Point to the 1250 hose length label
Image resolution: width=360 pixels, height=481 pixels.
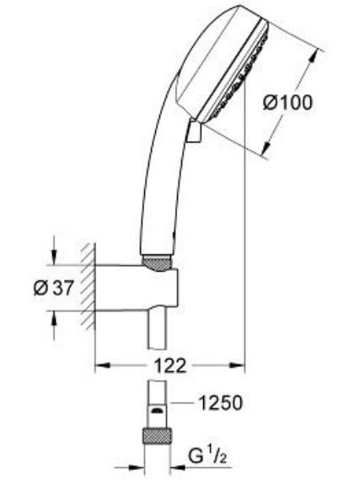(x=223, y=403)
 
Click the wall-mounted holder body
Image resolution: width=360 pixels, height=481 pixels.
(x=139, y=287)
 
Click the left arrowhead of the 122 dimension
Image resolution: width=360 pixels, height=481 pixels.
(x=99, y=366)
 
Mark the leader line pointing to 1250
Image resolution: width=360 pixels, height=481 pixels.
(x=182, y=404)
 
